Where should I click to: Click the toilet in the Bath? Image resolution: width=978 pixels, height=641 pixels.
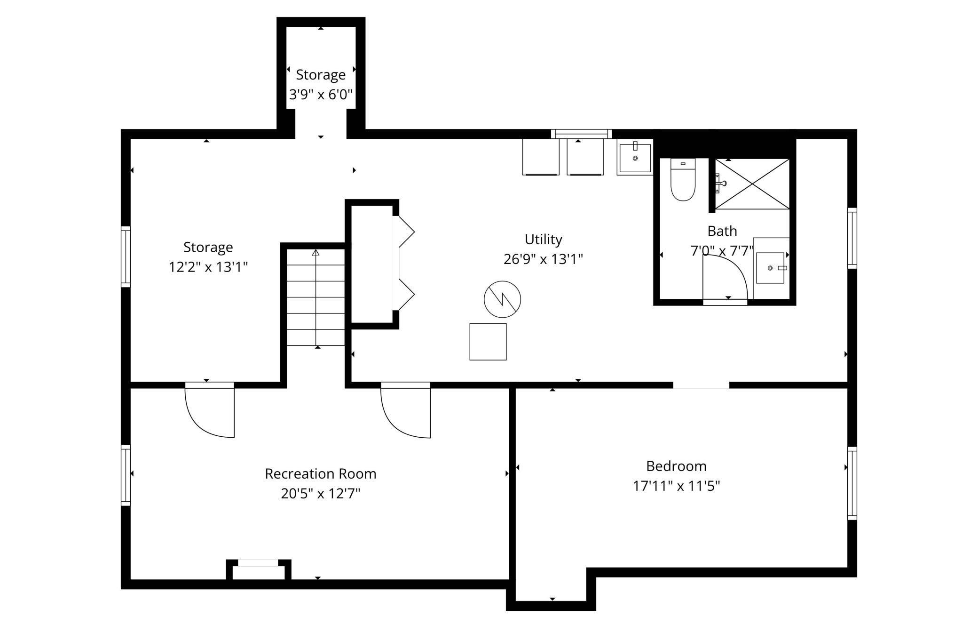tap(683, 180)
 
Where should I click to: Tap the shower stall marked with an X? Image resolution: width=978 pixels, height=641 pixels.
tap(752, 184)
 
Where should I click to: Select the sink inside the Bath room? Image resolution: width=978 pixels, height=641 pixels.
tap(770, 268)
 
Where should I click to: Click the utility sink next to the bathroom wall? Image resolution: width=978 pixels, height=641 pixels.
tap(635, 159)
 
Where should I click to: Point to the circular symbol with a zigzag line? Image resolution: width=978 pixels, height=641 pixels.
tap(502, 299)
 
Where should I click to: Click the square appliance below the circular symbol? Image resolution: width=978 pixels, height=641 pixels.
tap(488, 342)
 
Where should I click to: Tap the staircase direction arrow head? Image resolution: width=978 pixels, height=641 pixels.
tap(316, 253)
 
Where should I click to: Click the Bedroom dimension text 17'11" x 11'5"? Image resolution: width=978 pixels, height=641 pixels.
tap(676, 486)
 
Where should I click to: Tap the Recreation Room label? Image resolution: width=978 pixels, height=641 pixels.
tap(321, 473)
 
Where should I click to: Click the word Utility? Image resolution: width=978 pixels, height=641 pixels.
tap(544, 240)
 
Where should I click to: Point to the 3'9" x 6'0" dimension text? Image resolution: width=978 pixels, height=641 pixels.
tap(321, 95)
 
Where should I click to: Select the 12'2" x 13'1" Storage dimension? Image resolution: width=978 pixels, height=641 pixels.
tap(208, 267)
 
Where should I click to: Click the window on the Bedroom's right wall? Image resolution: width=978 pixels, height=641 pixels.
tap(852, 483)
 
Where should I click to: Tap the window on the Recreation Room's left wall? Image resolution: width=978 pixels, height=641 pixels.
tap(126, 475)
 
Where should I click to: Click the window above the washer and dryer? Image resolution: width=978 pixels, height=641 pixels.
tap(582, 134)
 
